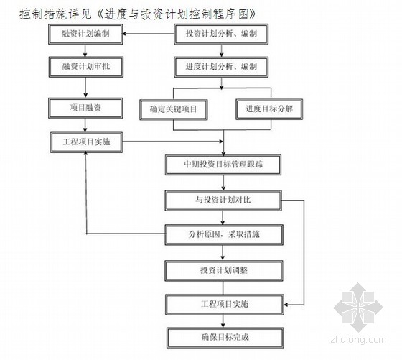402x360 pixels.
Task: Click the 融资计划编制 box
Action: click(x=85, y=34)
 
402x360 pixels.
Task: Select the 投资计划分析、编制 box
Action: click(x=221, y=34)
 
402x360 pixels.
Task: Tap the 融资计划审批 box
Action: click(x=86, y=67)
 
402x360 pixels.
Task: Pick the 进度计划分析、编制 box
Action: click(x=221, y=67)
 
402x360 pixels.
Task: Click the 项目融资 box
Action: click(x=85, y=108)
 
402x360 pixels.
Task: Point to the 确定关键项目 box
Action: click(x=174, y=109)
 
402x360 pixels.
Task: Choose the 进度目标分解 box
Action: click(x=269, y=109)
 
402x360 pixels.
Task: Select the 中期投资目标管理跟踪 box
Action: click(x=223, y=165)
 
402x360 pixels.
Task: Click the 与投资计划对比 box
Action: click(x=223, y=200)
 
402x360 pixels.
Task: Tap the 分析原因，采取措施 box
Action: click(x=224, y=235)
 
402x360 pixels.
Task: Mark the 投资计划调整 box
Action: click(x=224, y=271)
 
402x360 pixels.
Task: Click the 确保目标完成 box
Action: click(x=225, y=338)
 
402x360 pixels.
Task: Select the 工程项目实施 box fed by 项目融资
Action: click(x=86, y=142)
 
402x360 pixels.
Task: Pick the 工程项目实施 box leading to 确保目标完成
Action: click(x=225, y=305)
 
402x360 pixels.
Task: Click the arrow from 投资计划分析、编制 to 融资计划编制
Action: click(x=149, y=34)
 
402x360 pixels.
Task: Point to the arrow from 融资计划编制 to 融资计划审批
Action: click(x=85, y=51)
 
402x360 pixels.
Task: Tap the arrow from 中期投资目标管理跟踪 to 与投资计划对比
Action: click(x=223, y=183)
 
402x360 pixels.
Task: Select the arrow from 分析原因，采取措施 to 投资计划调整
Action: click(x=223, y=253)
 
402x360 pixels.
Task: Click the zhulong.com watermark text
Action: click(x=358, y=339)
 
